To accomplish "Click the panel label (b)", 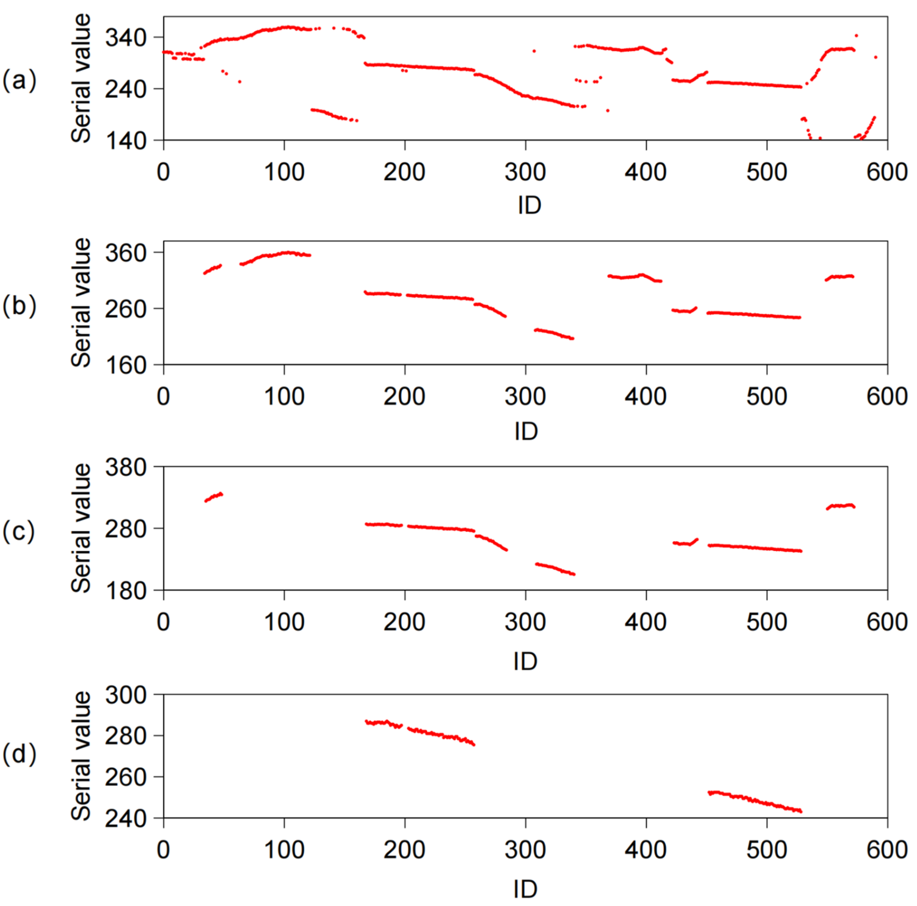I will [19, 305].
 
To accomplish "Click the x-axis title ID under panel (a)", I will [529, 205].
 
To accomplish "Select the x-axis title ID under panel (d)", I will [525, 889].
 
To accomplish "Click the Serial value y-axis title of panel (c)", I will [81, 528].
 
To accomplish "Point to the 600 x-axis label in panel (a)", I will [887, 172].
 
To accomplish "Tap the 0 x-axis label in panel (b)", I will [163, 396].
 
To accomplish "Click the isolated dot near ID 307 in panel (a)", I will [534, 51].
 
